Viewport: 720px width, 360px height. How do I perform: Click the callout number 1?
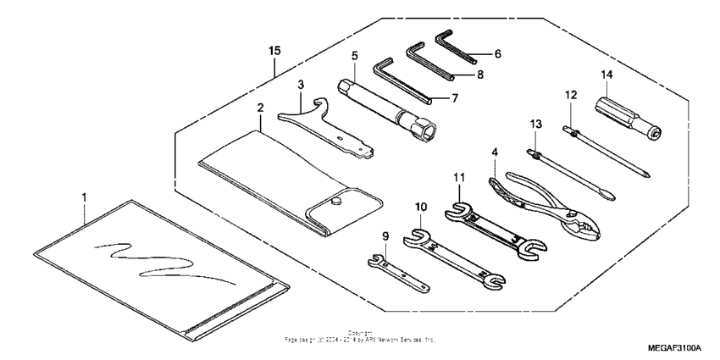coord(84,197)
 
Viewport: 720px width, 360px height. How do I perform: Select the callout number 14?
coord(606,74)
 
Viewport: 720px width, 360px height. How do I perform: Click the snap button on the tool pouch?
coord(336,202)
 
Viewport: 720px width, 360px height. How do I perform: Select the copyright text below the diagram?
coord(361,337)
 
